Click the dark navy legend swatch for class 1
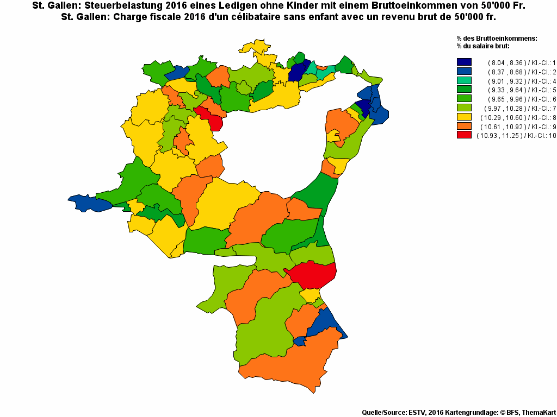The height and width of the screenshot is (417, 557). pyautogui.click(x=464, y=62)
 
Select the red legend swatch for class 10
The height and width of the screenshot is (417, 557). pyautogui.click(x=464, y=135)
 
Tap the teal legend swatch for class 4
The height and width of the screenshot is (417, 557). pyautogui.click(x=464, y=81)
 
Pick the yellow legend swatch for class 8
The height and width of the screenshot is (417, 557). pyautogui.click(x=464, y=117)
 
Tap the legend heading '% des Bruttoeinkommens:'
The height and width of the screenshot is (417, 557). pyautogui.click(x=497, y=39)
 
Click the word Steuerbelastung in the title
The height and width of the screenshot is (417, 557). pyautogui.click(x=127, y=6)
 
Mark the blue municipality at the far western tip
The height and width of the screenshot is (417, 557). pyautogui.click(x=90, y=203)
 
